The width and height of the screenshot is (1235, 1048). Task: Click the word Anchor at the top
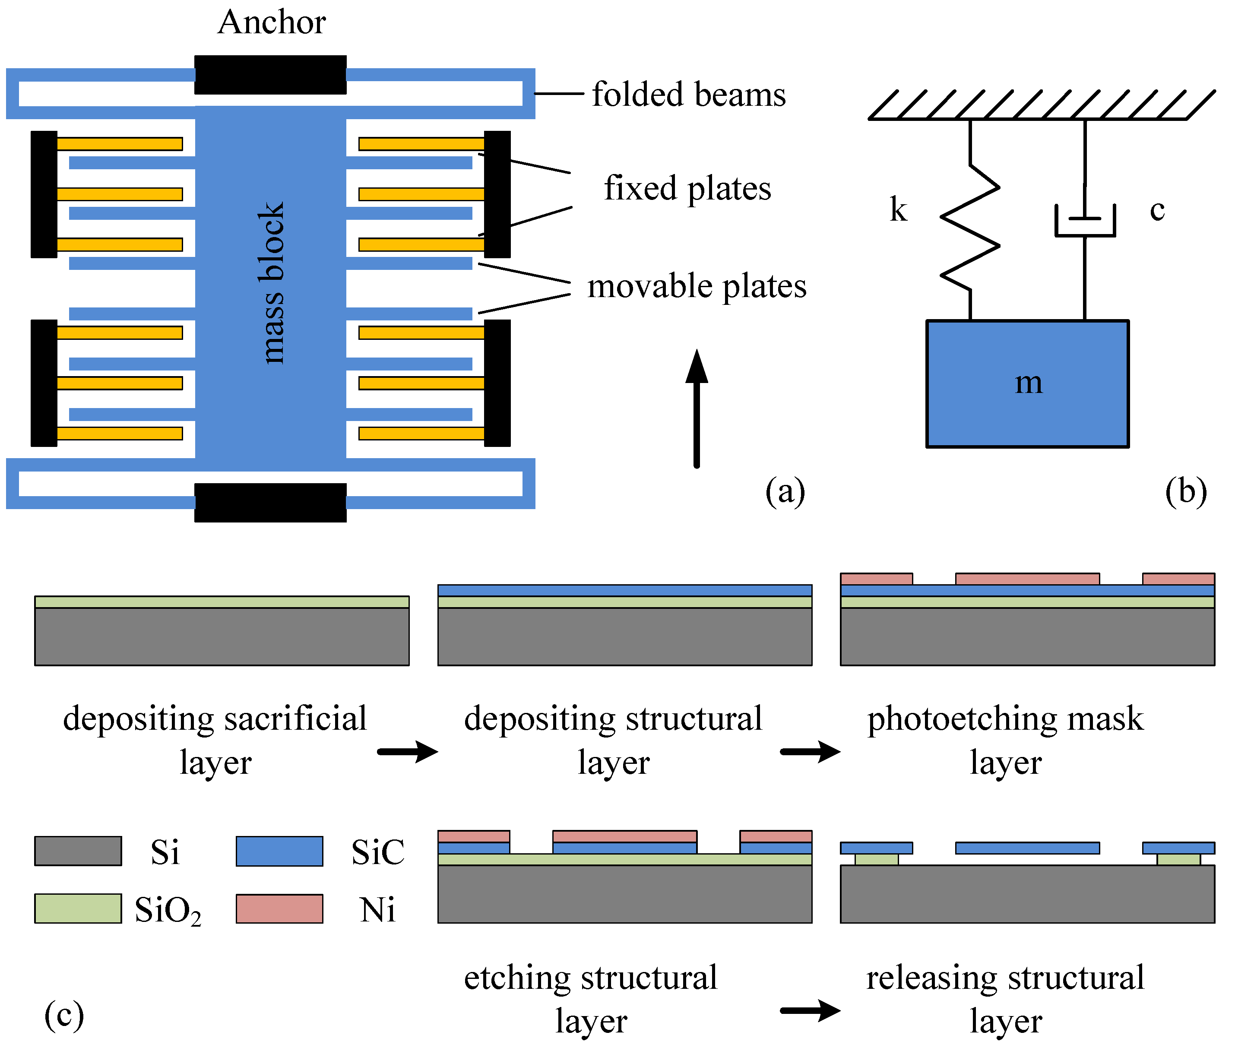272,22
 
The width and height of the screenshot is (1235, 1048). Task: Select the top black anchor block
270,75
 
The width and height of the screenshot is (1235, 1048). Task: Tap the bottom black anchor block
270,503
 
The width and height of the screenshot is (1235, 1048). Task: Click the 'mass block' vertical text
272,283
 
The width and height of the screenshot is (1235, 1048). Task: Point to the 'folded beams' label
688,95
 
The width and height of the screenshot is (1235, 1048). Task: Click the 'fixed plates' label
687,189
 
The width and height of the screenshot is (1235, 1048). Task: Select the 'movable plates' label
696,286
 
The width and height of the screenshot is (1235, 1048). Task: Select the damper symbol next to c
1085,221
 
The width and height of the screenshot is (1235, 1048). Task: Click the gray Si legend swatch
78,851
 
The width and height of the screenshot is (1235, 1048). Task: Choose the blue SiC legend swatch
279,851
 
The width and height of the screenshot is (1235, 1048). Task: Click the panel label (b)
1186,492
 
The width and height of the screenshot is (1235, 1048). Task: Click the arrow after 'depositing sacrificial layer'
408,751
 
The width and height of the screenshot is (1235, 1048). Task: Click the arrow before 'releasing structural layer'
810,1010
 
